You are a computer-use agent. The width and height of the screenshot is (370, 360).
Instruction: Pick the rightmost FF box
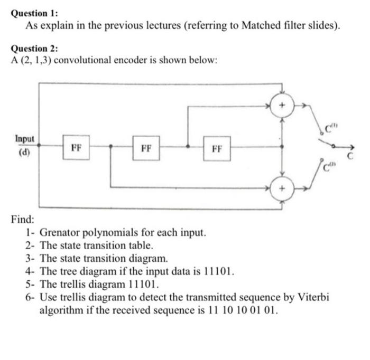coord(217,148)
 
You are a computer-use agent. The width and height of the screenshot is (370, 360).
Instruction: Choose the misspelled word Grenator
coord(62,232)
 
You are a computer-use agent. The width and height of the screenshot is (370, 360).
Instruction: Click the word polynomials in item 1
coord(115,232)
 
